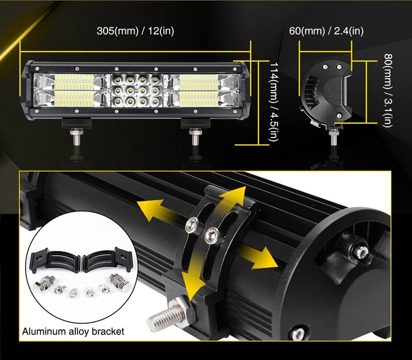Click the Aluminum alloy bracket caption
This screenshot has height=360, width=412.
pos(73,332)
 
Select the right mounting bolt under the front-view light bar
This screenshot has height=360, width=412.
pos(194,137)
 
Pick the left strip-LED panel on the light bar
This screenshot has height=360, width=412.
pos(74,91)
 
